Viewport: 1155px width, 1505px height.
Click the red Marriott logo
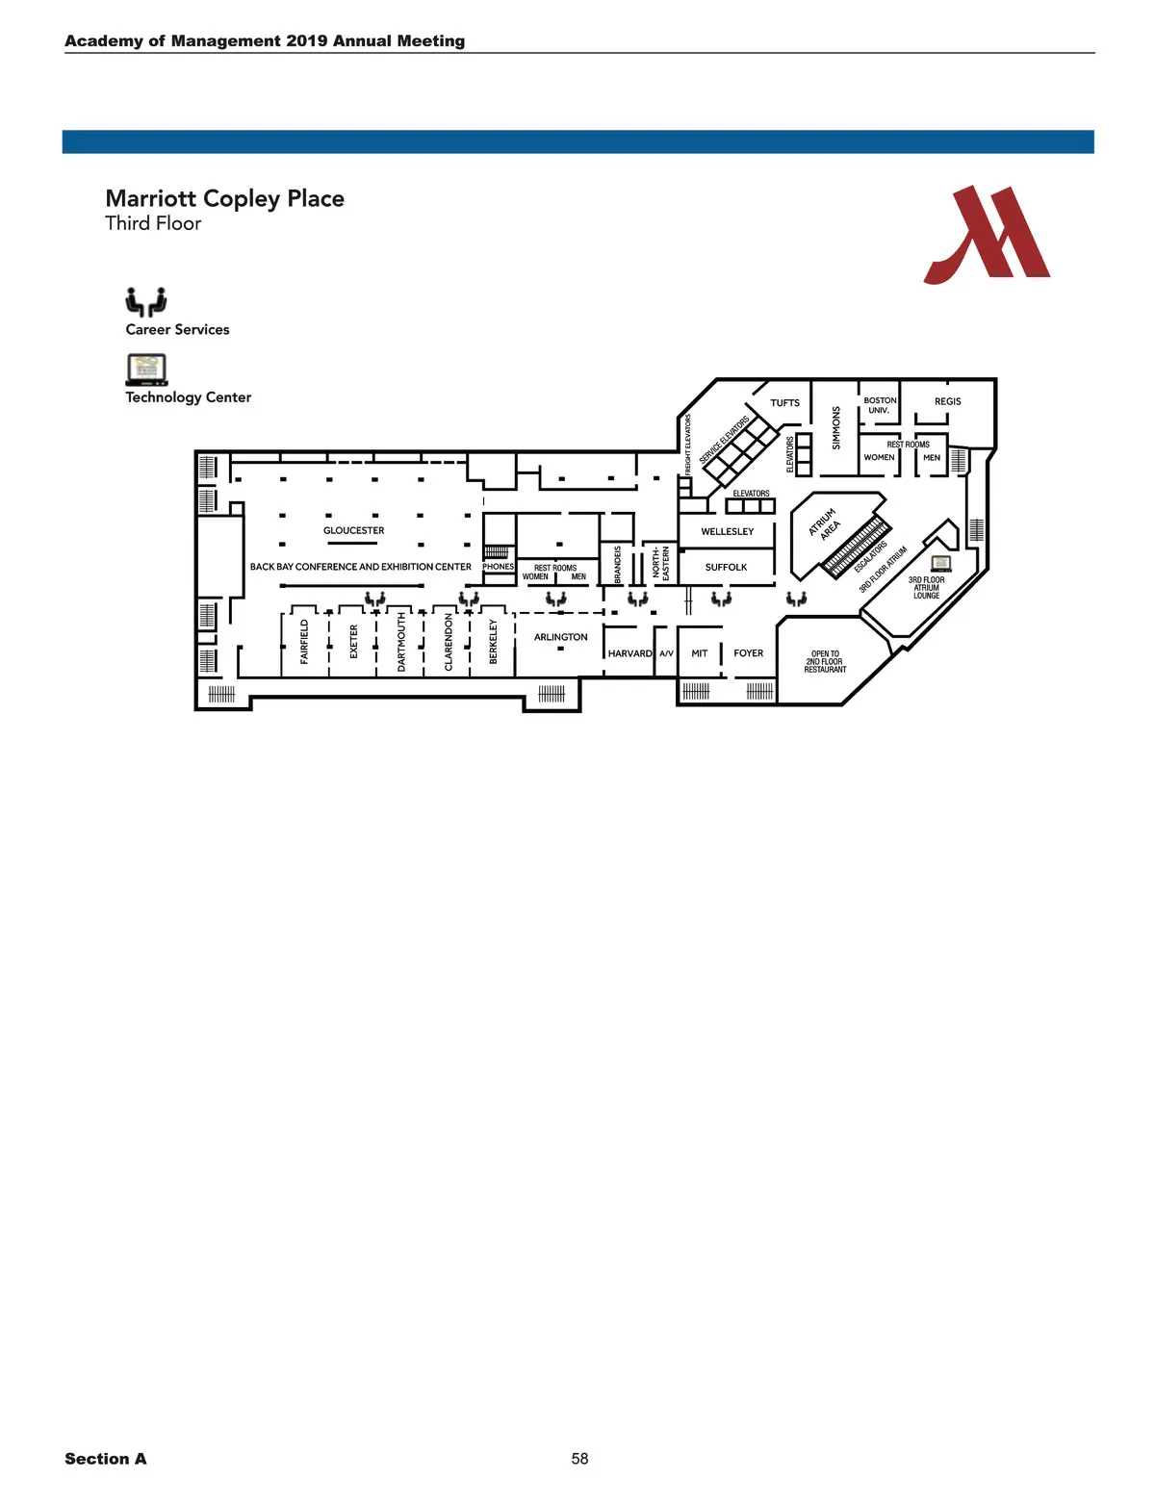(987, 235)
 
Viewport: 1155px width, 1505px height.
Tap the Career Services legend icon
(145, 301)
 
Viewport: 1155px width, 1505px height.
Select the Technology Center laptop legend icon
(146, 370)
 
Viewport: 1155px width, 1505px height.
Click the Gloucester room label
(353, 530)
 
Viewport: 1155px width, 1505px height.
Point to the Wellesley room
(727, 531)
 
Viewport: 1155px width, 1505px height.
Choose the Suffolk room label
(726, 567)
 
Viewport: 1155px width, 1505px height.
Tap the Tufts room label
(784, 403)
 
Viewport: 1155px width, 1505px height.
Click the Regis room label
(947, 401)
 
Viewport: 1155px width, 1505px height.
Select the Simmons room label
(835, 428)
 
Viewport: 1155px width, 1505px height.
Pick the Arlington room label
(560, 637)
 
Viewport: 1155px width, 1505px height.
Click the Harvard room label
(629, 653)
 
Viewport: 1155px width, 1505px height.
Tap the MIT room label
(699, 653)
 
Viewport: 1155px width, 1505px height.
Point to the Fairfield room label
(304, 641)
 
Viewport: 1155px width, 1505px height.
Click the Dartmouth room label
(401, 641)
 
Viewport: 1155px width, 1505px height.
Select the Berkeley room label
(493, 641)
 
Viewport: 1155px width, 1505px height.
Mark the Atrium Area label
(824, 524)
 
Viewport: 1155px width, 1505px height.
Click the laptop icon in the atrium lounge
(940, 563)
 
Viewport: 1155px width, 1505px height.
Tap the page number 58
(579, 1459)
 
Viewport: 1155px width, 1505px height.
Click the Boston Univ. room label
(879, 405)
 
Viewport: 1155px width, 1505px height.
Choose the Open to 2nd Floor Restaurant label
(825, 661)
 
